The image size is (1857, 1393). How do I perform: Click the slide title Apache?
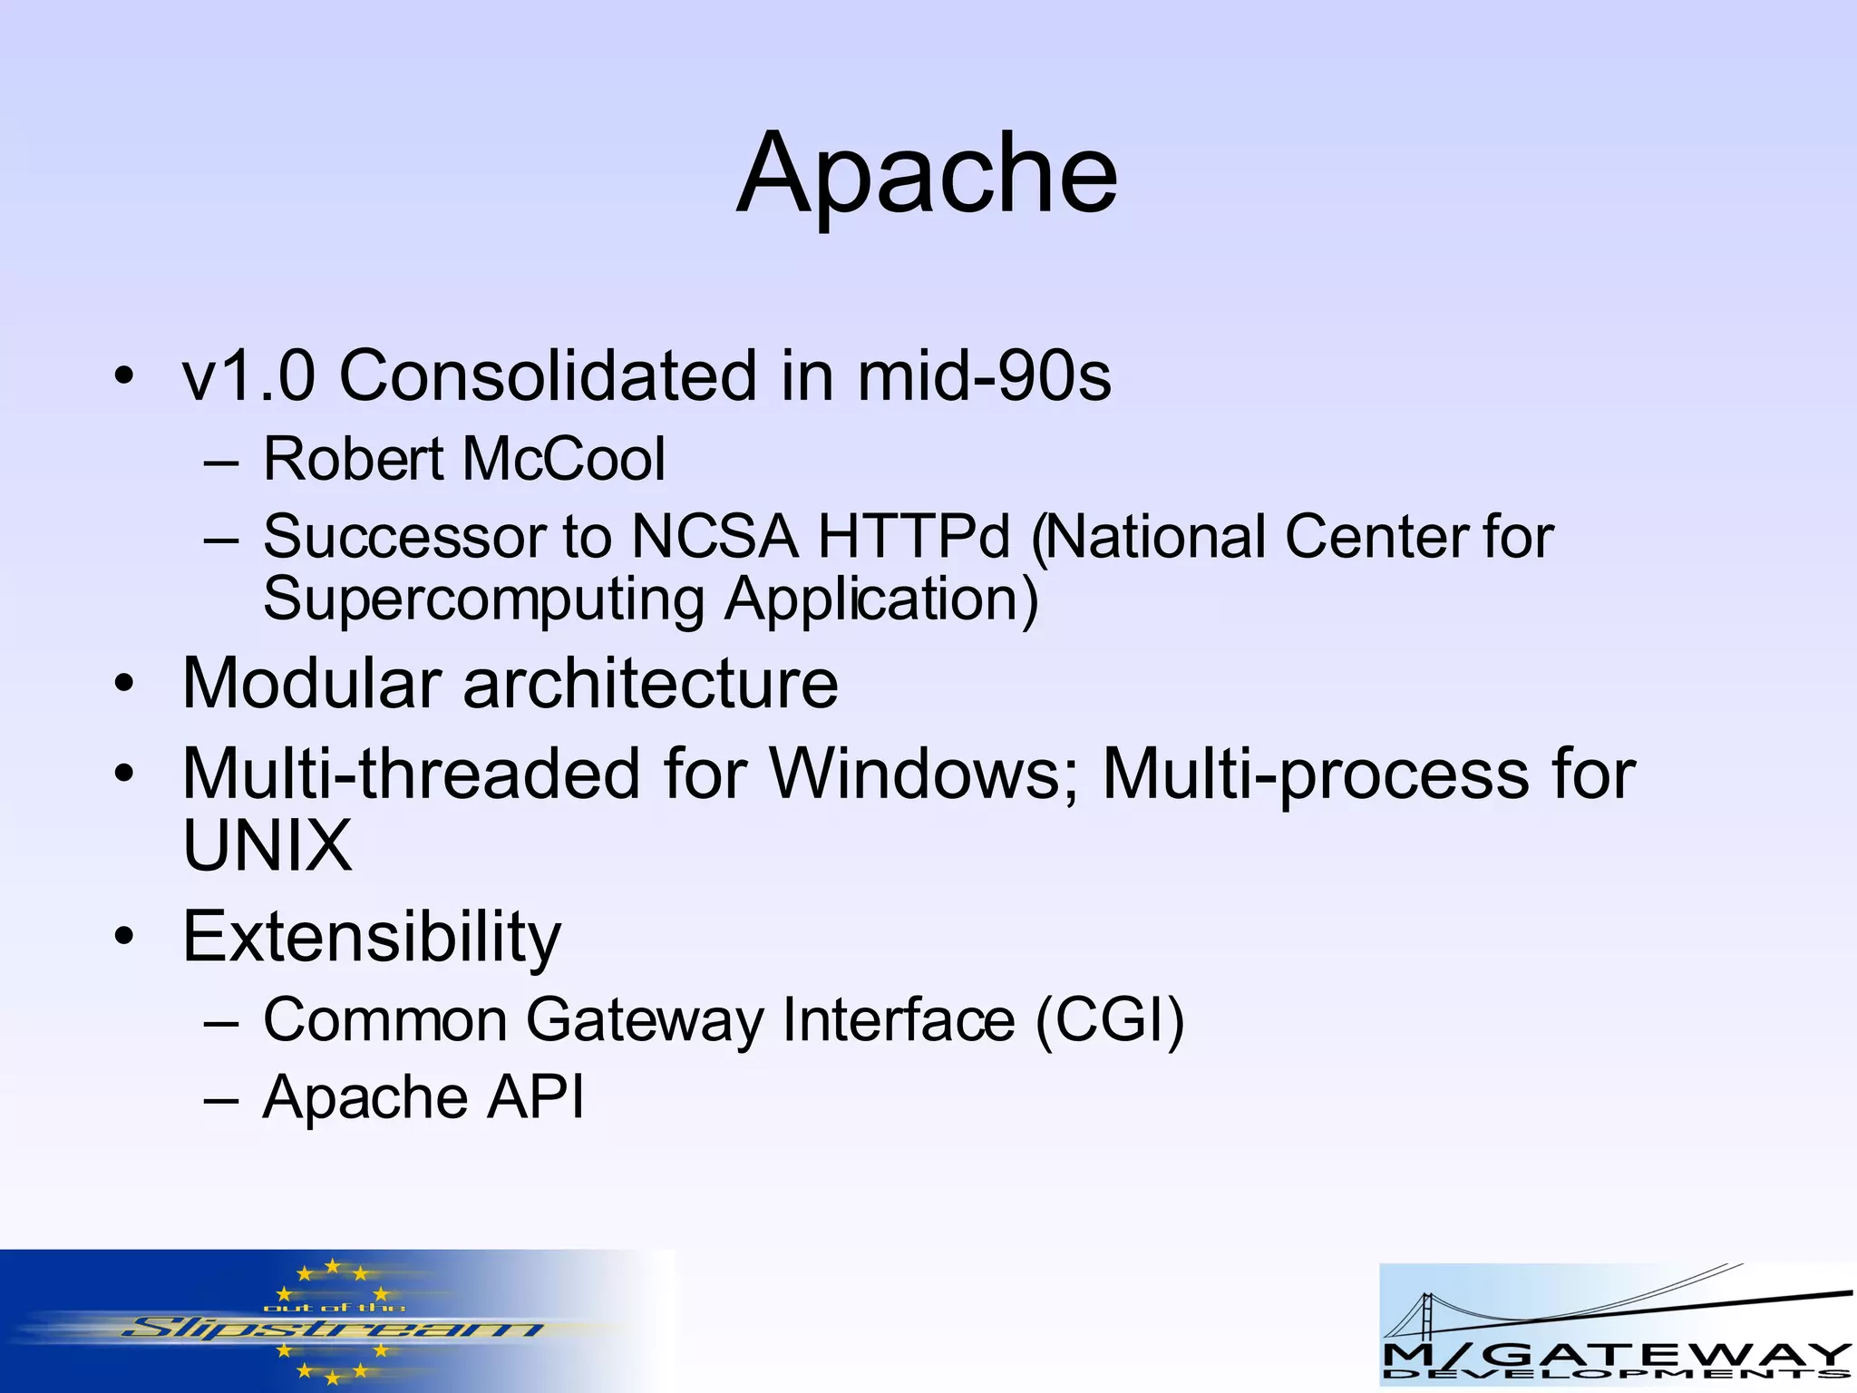[x=927, y=174]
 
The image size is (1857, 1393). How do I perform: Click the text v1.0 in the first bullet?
[x=248, y=375]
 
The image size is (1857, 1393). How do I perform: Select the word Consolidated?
[x=547, y=375]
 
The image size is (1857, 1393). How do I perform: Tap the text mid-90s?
[x=984, y=375]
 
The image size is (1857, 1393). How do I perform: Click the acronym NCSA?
[x=715, y=537]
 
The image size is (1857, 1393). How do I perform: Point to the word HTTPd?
[x=913, y=537]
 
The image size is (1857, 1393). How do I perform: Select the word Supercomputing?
[x=483, y=600]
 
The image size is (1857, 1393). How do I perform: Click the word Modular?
[x=312, y=683]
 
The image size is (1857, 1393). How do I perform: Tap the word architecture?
[x=650, y=683]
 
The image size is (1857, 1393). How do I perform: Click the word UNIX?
[x=267, y=846]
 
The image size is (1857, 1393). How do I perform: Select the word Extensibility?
[x=372, y=937]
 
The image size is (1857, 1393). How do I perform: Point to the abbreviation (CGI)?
[x=1110, y=1020]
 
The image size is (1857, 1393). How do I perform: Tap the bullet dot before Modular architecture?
[x=124, y=683]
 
